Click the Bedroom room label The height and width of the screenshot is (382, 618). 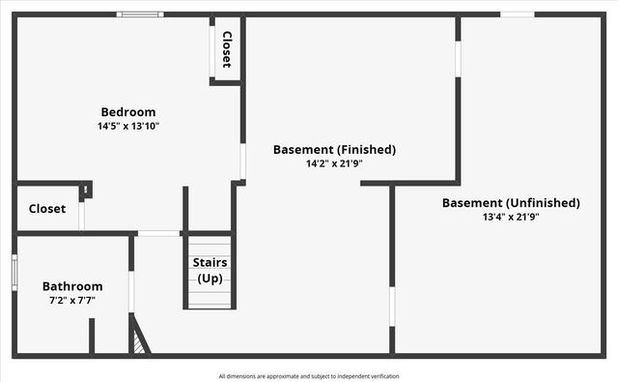click(x=128, y=112)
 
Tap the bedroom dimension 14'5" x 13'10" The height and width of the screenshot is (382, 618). click(x=128, y=126)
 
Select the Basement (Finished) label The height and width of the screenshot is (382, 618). click(x=334, y=150)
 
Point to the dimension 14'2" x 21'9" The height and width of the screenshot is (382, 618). click(x=334, y=163)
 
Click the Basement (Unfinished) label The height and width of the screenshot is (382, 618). click(x=511, y=203)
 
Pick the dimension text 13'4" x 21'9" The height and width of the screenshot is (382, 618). click(x=511, y=217)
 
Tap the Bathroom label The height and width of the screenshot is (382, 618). click(x=72, y=286)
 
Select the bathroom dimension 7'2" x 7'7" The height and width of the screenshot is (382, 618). click(x=72, y=300)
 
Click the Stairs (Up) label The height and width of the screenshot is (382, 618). click(x=210, y=270)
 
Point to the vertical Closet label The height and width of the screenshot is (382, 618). click(x=227, y=48)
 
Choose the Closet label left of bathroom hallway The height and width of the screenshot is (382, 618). click(x=46, y=208)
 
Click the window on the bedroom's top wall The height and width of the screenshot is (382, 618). click(x=140, y=15)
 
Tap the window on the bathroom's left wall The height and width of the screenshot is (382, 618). click(x=14, y=271)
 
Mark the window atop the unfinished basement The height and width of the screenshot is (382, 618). click(x=517, y=15)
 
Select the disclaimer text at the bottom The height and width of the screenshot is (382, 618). click(x=308, y=376)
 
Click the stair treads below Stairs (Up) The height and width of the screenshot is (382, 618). click(x=210, y=296)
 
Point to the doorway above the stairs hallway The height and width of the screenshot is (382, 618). click(x=159, y=233)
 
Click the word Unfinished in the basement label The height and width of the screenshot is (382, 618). click(x=543, y=203)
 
